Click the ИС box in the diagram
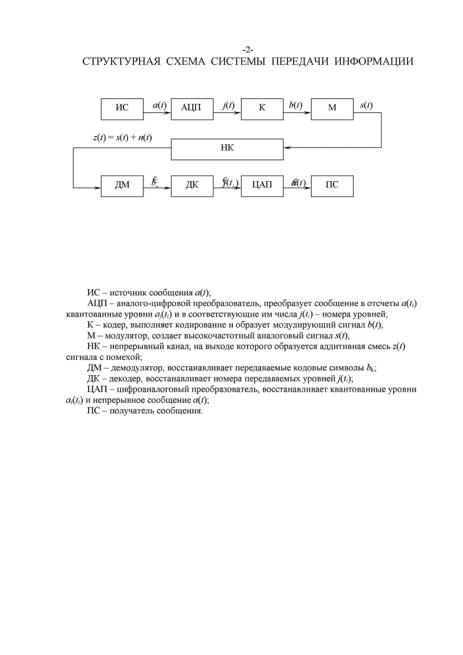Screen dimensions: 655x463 (x=122, y=109)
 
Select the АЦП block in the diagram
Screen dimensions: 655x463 (x=192, y=109)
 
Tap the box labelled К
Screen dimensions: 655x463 (x=262, y=109)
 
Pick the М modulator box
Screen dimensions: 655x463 (x=332, y=109)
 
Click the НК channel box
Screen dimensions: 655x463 (x=227, y=149)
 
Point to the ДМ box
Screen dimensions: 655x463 (x=122, y=186)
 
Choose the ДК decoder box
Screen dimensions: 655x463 (x=192, y=186)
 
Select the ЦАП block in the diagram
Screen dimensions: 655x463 (x=262, y=186)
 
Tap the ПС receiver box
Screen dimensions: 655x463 (x=332, y=186)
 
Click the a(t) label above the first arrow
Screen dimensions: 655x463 (x=159, y=105)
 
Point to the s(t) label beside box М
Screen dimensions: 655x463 (x=366, y=105)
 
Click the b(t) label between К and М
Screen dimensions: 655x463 (x=296, y=105)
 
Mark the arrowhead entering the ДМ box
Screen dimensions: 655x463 (x=98, y=188)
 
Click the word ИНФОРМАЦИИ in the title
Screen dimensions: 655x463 (x=374, y=61)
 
